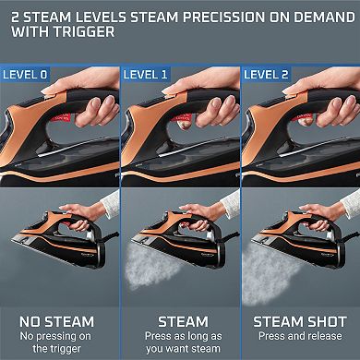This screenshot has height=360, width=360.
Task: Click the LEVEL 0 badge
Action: pyautogui.click(x=25, y=71)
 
